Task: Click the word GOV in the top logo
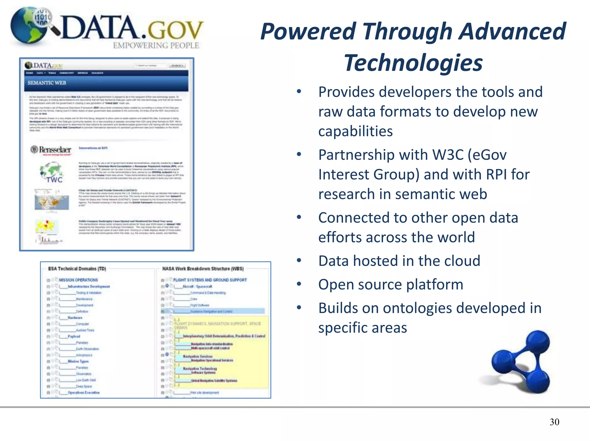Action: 175,30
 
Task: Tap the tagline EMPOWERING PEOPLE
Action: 156,45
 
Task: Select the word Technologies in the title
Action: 413,63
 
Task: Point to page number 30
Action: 554,422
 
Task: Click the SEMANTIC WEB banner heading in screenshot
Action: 47,83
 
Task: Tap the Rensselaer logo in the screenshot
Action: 51,150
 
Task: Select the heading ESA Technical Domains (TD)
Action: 77,268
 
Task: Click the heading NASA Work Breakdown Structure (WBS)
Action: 203,268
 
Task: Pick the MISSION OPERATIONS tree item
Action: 78,280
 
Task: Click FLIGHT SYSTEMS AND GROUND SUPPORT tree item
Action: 210,280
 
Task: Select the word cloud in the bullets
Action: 464,261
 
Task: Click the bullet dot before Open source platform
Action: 299,284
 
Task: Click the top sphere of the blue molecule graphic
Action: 538,343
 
